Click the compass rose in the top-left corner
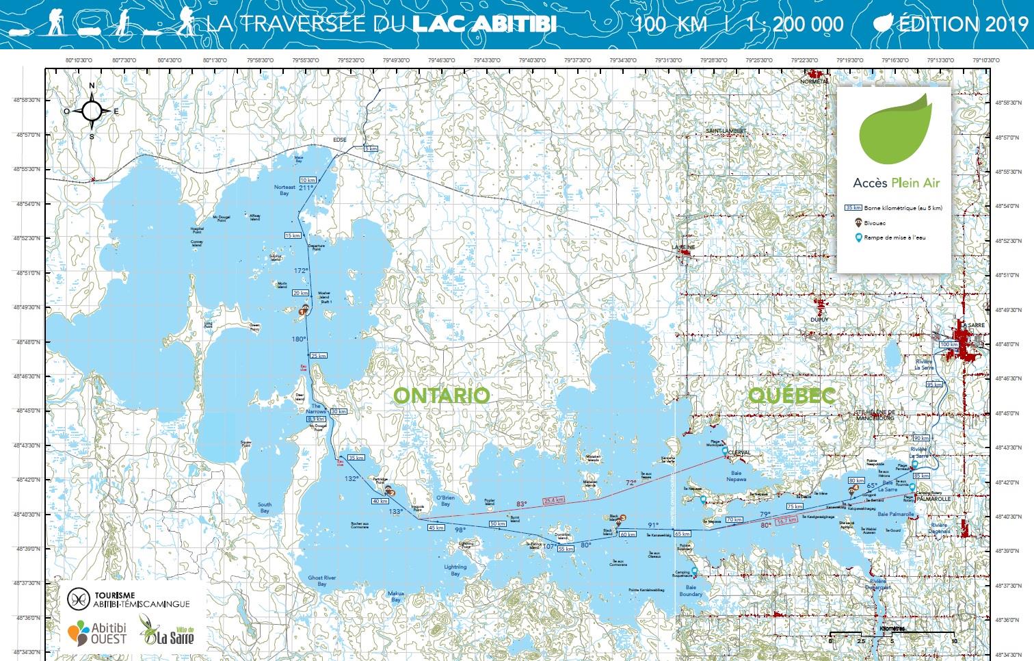pos(92,110)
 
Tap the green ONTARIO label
pos(442,396)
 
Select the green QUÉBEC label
pos(792,395)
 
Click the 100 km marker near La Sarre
pos(949,344)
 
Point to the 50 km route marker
pos(497,523)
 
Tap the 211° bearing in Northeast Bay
pos(306,187)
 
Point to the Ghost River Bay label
pos(321,581)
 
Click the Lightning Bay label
pos(455,570)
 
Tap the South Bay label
pos(265,508)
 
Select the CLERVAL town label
pos(739,453)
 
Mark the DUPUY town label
pos(819,320)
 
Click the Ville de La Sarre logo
pos(168,631)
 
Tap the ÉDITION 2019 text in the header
pos(953,24)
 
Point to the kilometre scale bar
pos(892,636)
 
